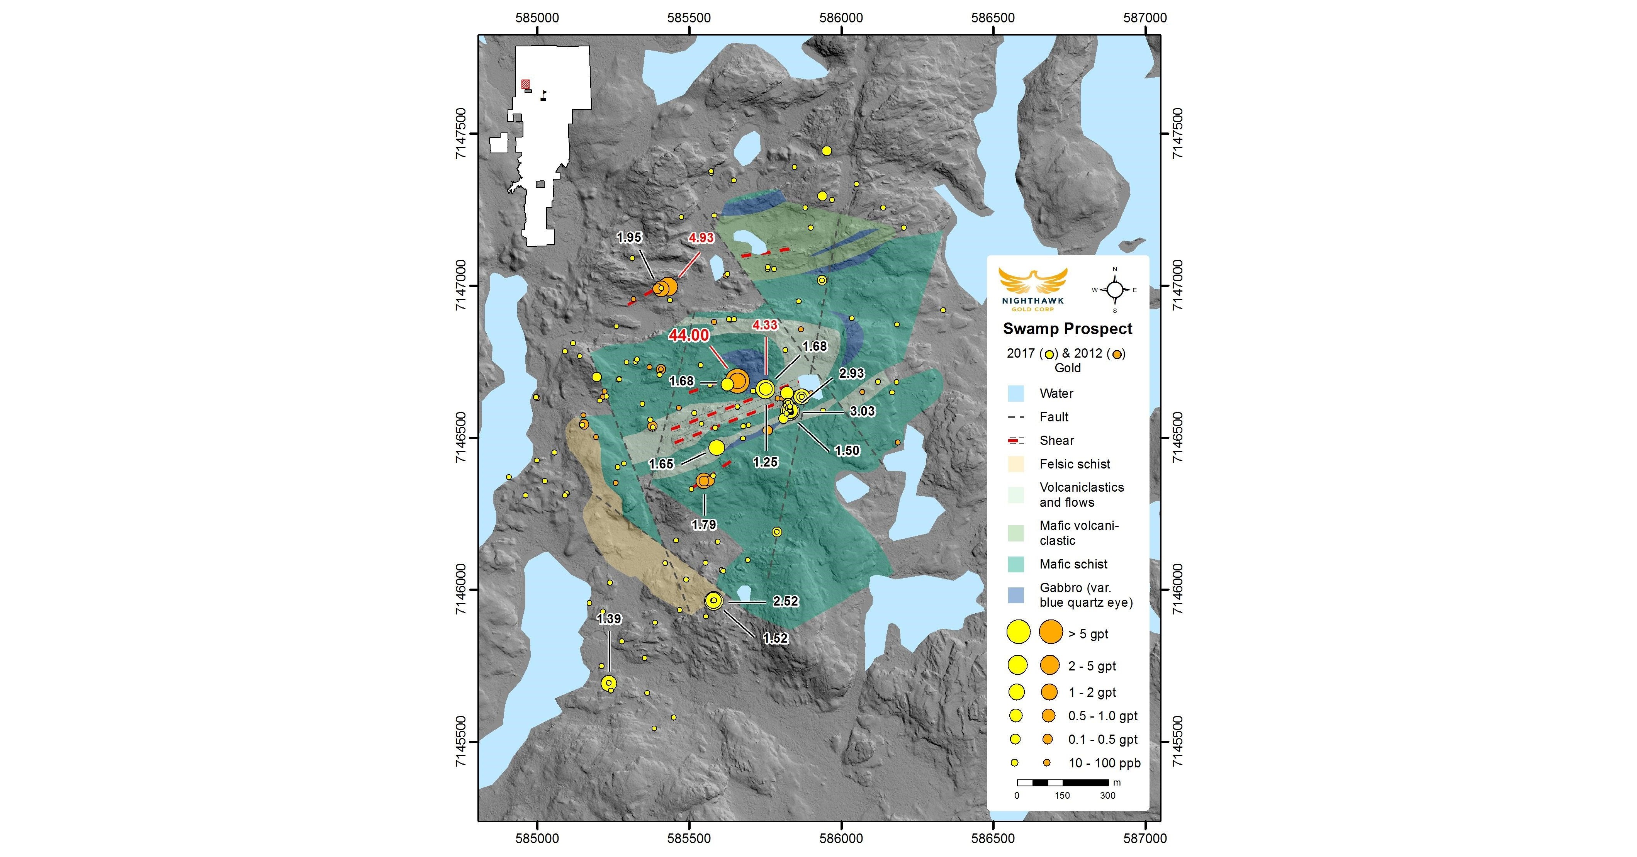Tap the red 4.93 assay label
click(701, 238)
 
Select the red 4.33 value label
click(764, 325)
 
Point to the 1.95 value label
click(629, 238)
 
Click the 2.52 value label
click(785, 601)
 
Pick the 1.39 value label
click(609, 619)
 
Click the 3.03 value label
click(863, 411)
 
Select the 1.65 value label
click(661, 464)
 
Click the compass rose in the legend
click(1115, 290)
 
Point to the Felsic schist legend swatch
click(1016, 464)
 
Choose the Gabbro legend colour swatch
click(1016, 595)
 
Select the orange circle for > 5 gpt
click(1050, 632)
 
